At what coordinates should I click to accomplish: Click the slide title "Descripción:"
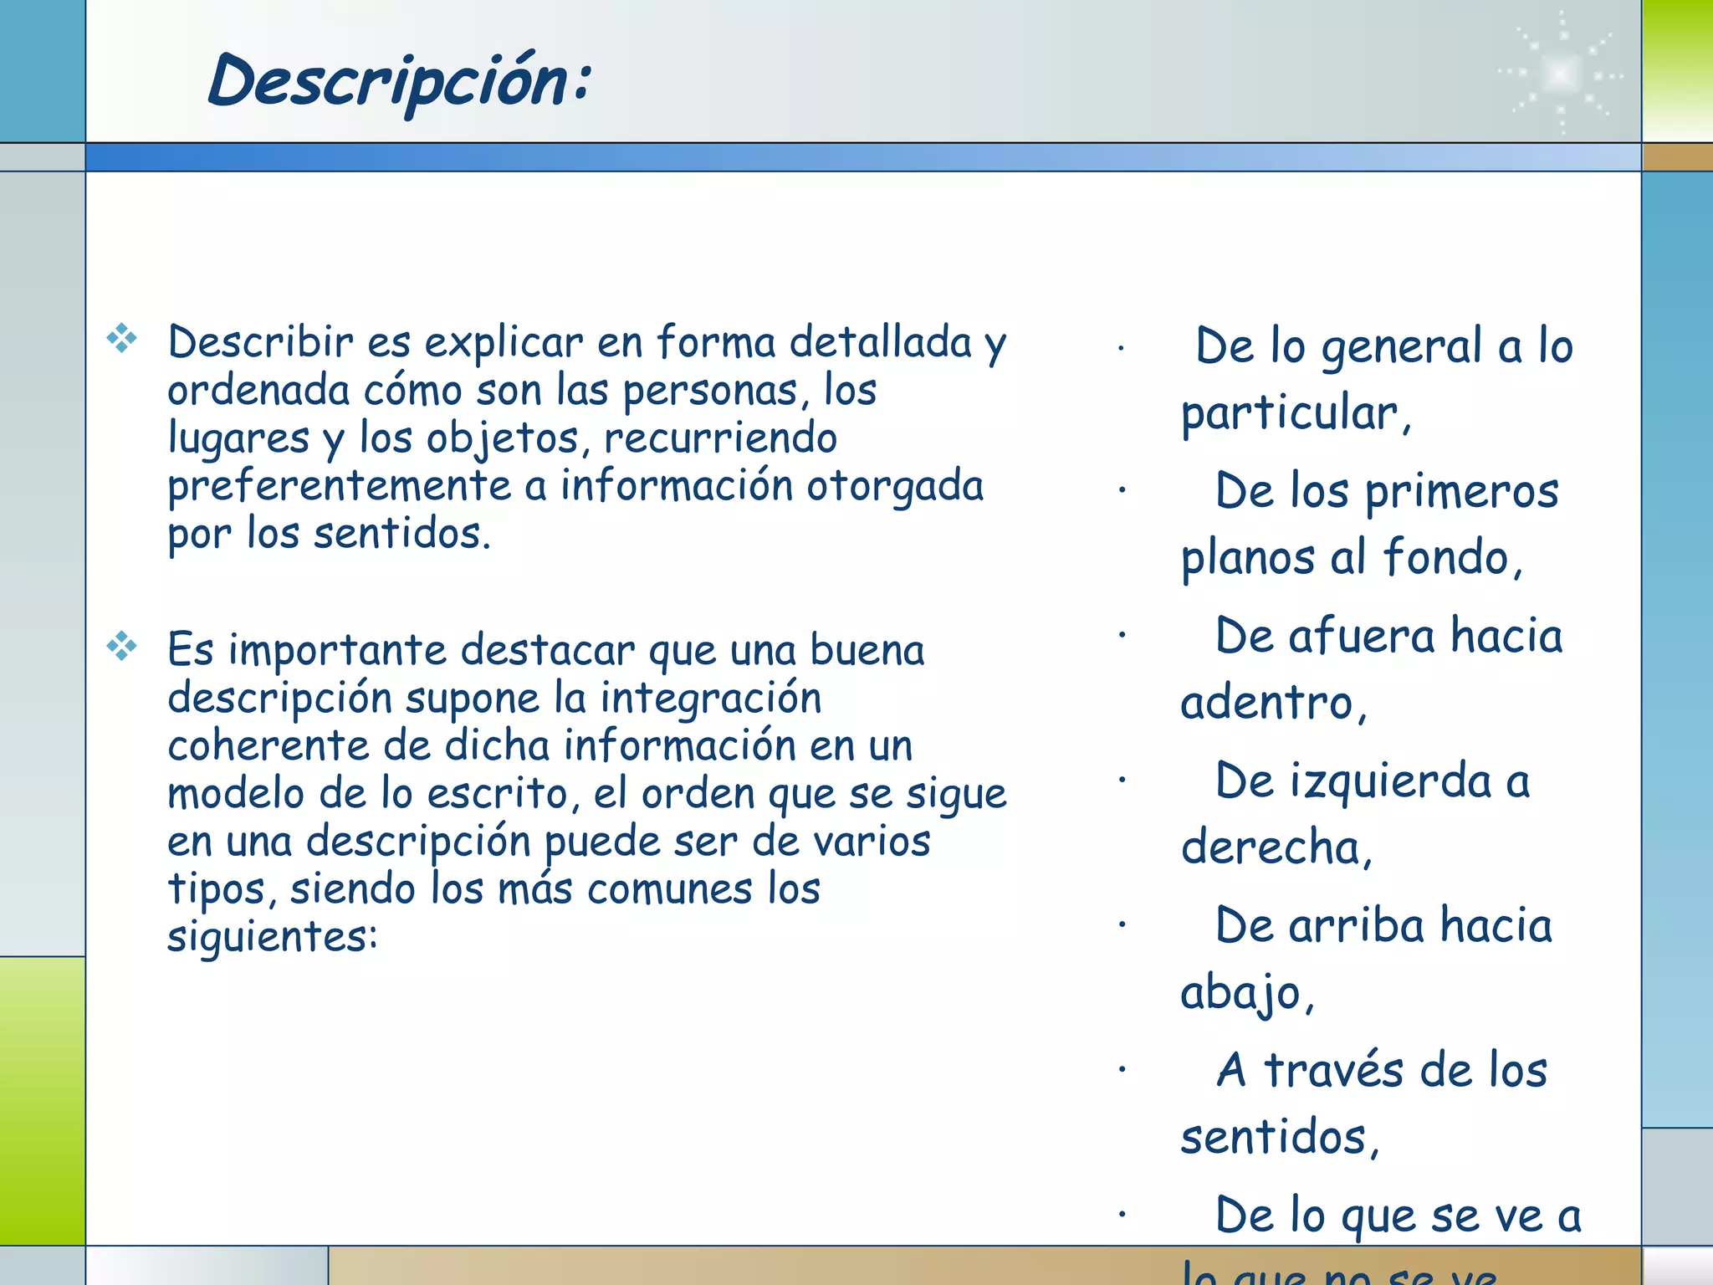tap(400, 81)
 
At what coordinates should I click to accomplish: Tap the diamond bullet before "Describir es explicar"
tap(122, 338)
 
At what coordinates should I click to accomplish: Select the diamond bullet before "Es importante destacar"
tap(122, 646)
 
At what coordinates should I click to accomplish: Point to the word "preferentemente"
tap(339, 487)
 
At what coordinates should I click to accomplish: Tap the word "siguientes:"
tap(273, 936)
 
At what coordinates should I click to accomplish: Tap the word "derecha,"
tap(1276, 847)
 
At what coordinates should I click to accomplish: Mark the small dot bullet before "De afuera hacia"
tap(1122, 635)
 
